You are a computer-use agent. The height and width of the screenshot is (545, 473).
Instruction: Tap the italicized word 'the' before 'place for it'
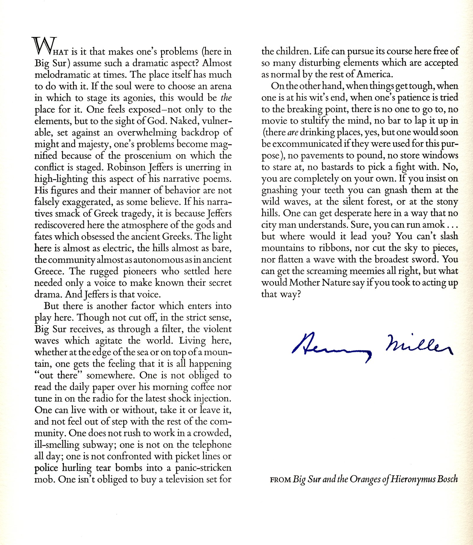click(226, 98)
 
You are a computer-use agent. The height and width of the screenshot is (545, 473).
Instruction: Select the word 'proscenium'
click(148, 156)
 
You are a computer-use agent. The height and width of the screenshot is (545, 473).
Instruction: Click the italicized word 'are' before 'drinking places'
click(293, 132)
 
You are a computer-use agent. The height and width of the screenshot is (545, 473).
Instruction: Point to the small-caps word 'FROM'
click(280, 480)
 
